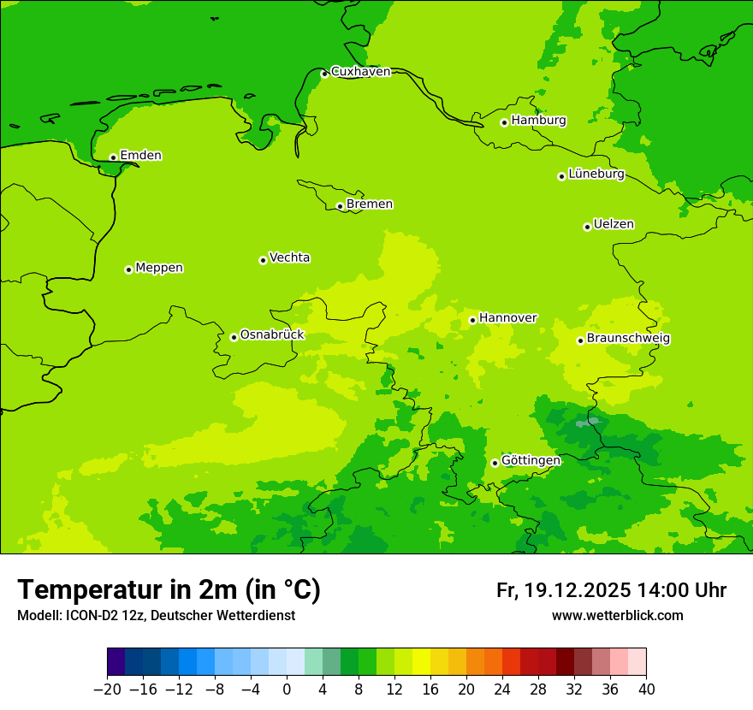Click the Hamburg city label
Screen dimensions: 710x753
click(538, 121)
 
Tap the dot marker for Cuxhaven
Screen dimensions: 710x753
click(324, 74)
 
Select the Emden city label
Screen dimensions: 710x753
click(140, 156)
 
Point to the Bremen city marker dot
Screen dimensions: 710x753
click(340, 206)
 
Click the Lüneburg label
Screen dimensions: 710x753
click(596, 174)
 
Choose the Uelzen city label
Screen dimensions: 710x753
click(614, 225)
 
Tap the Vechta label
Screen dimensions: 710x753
click(289, 257)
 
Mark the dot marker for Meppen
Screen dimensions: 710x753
click(128, 269)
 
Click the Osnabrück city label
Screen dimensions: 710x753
click(272, 335)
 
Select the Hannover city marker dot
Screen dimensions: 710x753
click(472, 321)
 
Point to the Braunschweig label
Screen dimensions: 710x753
click(628, 339)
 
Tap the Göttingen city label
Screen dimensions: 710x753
click(531, 461)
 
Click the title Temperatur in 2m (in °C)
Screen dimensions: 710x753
click(169, 589)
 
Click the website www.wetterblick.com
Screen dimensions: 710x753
click(617, 616)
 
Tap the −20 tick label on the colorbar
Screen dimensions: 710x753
click(107, 689)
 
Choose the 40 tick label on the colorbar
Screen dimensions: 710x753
click(646, 689)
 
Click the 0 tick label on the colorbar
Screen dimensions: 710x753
click(287, 689)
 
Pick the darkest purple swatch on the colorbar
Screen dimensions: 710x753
click(116, 662)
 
